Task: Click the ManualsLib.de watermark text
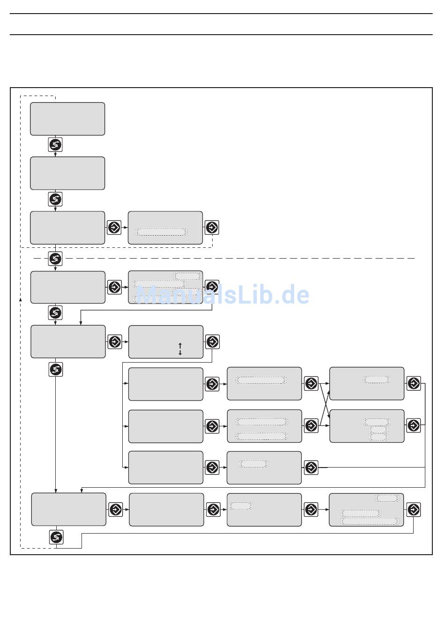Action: coord(223,295)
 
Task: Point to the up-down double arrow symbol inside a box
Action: coord(180,349)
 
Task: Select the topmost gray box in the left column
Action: coord(67,119)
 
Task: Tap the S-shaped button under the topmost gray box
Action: coord(55,145)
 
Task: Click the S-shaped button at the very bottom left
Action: coord(57,537)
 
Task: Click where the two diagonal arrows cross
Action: coord(325,404)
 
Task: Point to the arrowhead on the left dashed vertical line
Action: coord(20,298)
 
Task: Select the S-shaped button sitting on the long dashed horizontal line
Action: coord(55,258)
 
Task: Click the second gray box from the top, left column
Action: coord(67,173)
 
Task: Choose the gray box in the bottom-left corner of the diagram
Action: coord(69,509)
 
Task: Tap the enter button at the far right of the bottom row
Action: coord(414,509)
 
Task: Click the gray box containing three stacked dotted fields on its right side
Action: coord(367,426)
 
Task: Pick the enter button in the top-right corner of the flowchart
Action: coord(414,383)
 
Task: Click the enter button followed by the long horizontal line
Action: coord(311,468)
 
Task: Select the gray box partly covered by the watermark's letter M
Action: coord(165,287)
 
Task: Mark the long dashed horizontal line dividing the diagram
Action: coord(234,258)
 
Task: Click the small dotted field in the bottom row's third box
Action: coord(241,506)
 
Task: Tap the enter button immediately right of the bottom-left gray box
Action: coord(116,509)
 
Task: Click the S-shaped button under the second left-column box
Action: coord(55,199)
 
